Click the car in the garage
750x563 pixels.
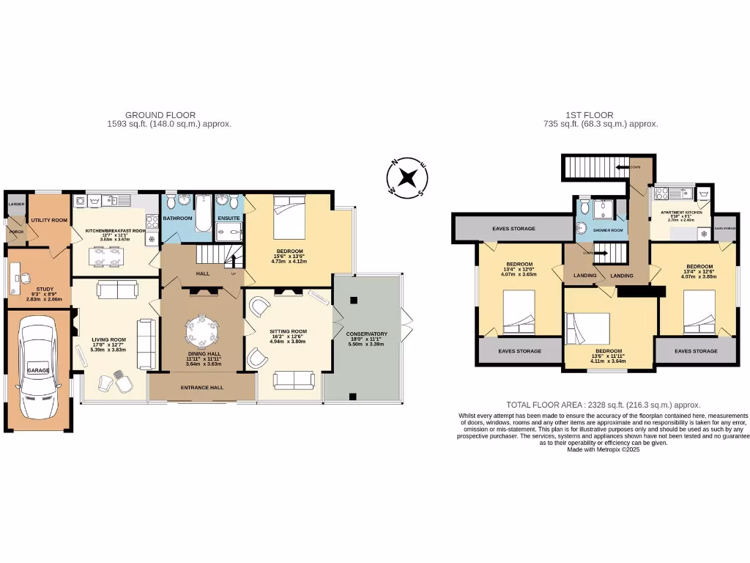click(37, 370)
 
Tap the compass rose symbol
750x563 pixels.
click(407, 178)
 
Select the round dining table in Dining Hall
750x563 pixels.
click(202, 334)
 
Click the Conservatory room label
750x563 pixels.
click(366, 334)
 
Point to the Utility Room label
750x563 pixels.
click(49, 220)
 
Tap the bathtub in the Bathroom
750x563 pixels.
click(202, 213)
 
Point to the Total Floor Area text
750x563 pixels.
click(604, 405)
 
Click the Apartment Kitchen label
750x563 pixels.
click(680, 213)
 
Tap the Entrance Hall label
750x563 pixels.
click(201, 387)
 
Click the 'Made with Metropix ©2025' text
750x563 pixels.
click(604, 450)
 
